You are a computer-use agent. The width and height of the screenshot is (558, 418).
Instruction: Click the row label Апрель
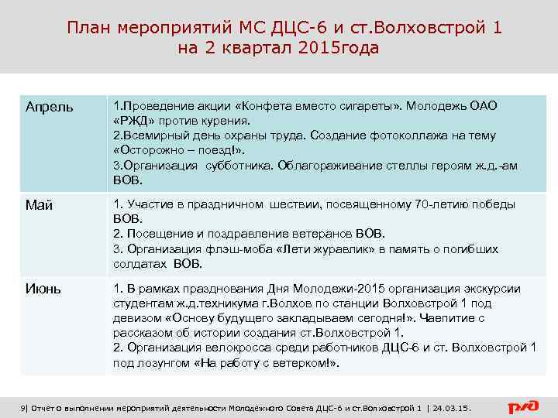50,106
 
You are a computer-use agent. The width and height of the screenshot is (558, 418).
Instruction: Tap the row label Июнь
43,290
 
